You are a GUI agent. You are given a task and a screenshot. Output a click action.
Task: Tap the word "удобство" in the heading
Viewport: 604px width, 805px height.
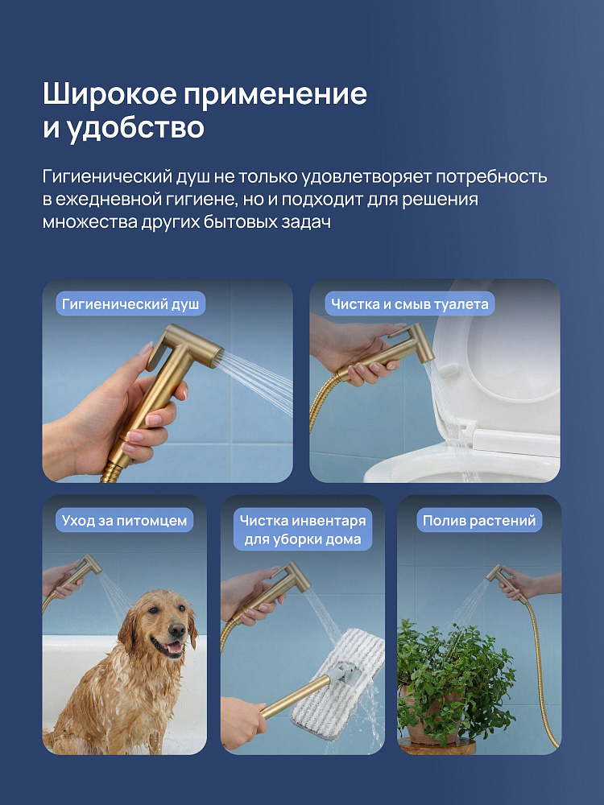tap(135, 127)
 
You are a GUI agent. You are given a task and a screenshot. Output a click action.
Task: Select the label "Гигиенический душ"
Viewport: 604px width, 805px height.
tap(130, 304)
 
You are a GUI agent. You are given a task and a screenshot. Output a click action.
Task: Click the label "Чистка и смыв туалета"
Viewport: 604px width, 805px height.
tap(409, 304)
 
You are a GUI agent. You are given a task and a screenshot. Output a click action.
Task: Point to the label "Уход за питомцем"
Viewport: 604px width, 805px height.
tap(124, 520)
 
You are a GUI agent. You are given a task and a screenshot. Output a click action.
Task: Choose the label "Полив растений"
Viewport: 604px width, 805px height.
tap(479, 520)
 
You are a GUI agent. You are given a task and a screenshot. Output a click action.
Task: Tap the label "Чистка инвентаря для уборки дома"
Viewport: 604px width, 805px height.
tap(303, 530)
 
